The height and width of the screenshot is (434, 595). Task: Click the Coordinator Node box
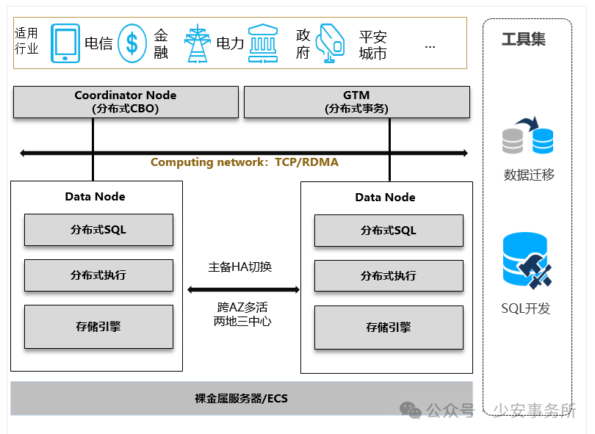point(126,102)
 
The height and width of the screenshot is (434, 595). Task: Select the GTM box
point(356,102)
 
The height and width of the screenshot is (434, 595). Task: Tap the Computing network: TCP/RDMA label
point(245,162)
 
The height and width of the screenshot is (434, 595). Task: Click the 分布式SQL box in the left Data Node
point(98,230)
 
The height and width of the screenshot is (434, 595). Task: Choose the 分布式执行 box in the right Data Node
point(389,275)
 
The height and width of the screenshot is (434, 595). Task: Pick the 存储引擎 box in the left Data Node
point(98,326)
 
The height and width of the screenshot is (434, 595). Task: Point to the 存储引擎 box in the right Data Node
point(389,328)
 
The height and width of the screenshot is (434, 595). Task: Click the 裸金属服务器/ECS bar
point(241,399)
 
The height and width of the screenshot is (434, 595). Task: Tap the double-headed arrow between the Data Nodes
point(243,289)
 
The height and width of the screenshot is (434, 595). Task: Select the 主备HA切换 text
point(240,267)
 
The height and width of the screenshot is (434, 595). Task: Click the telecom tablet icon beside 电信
point(65,43)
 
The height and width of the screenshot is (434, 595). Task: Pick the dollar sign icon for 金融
point(132,43)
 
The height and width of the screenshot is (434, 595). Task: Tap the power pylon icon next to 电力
point(197,43)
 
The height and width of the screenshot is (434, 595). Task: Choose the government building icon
point(263,43)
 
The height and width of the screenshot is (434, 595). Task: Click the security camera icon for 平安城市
point(331,43)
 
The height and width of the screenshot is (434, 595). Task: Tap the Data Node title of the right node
point(385,197)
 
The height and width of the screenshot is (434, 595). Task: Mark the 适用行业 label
point(26,41)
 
